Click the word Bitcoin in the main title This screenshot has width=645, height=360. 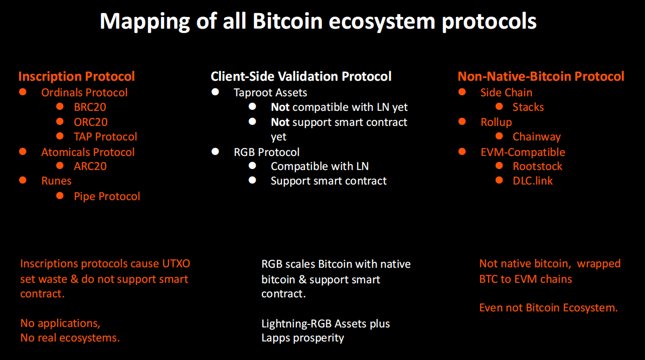pos(287,21)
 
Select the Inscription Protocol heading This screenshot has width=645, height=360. pos(77,77)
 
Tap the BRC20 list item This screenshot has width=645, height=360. pos(90,107)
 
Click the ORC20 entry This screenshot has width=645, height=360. pos(91,122)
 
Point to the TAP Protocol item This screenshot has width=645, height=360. pos(105,137)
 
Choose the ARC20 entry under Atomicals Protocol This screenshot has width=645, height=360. pos(90,166)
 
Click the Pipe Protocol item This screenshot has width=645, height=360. pos(107,196)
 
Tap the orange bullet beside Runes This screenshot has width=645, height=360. pos(23,180)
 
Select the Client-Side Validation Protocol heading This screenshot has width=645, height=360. pos(301,77)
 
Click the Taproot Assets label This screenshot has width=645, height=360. pos(270,93)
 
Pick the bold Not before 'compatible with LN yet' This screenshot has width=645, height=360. pos(280,107)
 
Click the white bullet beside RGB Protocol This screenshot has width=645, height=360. pos(215,151)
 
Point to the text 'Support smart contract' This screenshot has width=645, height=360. pos(329,181)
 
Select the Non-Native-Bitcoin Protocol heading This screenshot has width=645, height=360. pos(541,77)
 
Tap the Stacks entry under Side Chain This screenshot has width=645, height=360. pos(528,107)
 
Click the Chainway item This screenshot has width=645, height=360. pos(537,137)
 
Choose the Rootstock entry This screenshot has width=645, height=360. pos(537,166)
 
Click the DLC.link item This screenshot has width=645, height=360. pos(533,181)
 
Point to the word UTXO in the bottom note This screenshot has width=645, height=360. pos(176,264)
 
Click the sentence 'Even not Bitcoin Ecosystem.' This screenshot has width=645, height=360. pos(549,308)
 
